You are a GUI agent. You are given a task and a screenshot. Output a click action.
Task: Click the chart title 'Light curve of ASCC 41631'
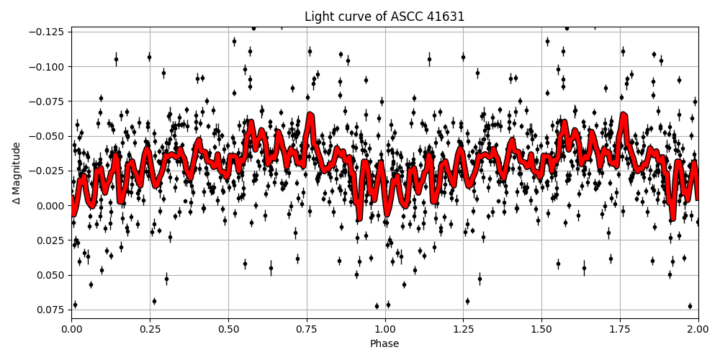tap(384, 17)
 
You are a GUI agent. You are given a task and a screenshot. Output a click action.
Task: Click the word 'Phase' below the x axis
tap(384, 344)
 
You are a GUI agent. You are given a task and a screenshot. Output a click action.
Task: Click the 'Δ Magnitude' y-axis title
tap(16, 172)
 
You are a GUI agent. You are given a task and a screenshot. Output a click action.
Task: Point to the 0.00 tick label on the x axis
tap(71, 328)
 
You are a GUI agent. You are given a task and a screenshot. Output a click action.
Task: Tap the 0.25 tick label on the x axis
tap(150, 328)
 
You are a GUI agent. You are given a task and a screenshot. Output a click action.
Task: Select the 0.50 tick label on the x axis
tap(228, 328)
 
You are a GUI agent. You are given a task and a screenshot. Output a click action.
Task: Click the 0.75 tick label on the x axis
tap(307, 328)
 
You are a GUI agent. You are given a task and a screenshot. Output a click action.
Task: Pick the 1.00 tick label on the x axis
tap(385, 328)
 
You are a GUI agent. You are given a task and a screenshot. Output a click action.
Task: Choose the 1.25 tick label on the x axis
tap(463, 328)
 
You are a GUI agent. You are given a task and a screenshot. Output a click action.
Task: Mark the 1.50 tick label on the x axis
tap(541, 328)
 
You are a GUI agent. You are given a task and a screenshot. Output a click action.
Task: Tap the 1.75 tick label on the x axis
tap(620, 328)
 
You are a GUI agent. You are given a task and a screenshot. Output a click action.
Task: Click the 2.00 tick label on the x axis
tap(698, 328)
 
